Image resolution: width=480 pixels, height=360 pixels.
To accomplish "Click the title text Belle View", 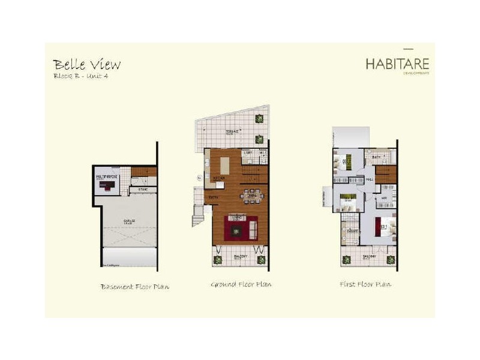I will click(86, 64).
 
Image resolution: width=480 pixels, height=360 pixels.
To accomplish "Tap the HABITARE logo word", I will click(398, 63).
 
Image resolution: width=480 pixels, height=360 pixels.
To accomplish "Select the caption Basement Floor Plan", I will click(134, 287).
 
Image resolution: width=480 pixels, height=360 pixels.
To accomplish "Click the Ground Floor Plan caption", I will click(241, 284).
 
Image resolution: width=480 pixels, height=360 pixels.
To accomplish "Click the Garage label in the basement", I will click(130, 221).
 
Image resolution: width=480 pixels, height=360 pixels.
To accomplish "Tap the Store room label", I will click(143, 190).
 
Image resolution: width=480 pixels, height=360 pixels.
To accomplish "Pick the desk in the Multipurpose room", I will click(107, 185).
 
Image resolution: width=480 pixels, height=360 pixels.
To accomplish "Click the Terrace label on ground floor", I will click(232, 131).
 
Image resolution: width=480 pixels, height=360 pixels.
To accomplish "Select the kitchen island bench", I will click(225, 165).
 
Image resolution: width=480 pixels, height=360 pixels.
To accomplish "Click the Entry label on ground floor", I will click(213, 197).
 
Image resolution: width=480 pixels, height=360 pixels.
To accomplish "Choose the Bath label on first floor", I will click(376, 157).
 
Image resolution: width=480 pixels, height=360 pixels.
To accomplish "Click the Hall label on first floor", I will click(370, 179).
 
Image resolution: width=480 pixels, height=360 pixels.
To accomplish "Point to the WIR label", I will click(383, 196).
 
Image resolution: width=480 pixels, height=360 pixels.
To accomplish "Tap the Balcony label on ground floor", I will click(239, 256).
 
